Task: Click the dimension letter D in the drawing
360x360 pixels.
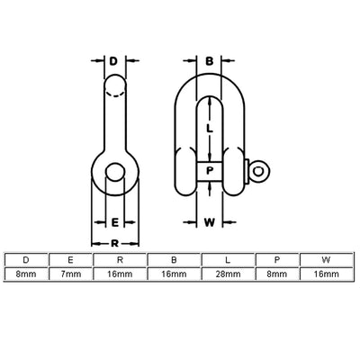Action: coord(113,63)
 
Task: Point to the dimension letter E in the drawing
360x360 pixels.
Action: coord(114,221)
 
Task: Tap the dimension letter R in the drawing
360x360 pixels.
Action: coord(114,243)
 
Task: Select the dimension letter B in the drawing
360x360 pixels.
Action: coord(209,63)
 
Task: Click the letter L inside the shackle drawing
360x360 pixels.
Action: coord(209,129)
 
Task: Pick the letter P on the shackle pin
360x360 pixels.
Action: coord(209,170)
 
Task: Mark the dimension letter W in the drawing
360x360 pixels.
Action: coord(209,221)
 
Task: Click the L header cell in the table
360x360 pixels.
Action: coord(228,259)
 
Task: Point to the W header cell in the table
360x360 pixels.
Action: coord(326,259)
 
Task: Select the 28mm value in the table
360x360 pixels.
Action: coord(228,273)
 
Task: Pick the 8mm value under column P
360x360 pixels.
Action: coord(277,273)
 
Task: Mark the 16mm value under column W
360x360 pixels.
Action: coord(326,273)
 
